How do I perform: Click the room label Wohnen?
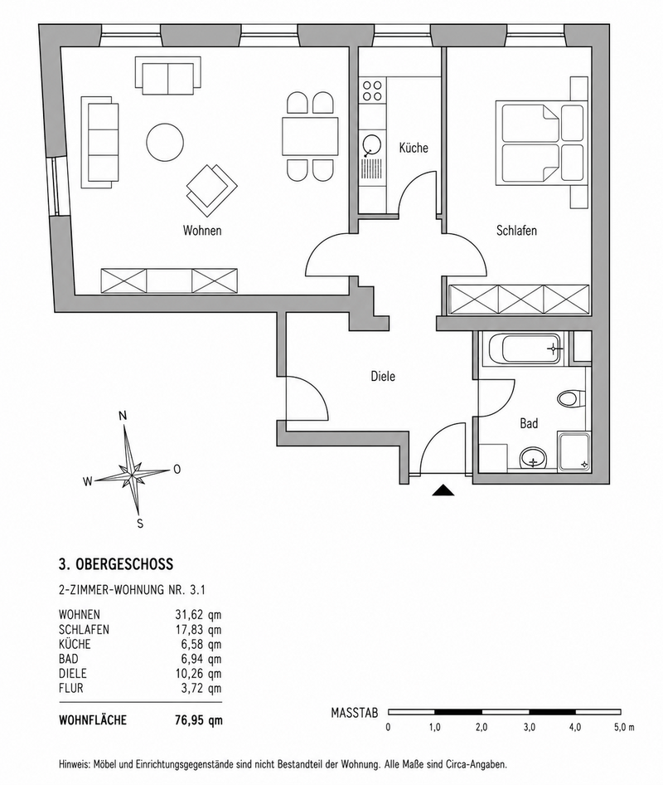[202, 231]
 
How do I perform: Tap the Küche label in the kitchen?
[414, 148]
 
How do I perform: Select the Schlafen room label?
[516, 231]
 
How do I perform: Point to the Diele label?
[383, 376]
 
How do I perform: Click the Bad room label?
[529, 423]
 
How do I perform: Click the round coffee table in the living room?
[165, 142]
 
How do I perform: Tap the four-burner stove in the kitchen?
[372, 90]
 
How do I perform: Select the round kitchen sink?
[372, 145]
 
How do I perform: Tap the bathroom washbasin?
[534, 457]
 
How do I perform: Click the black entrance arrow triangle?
[443, 490]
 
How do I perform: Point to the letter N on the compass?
[123, 416]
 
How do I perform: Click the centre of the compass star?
[131, 474]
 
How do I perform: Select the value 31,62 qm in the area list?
[198, 614]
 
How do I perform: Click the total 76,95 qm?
[199, 720]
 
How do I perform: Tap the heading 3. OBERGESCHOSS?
[116, 564]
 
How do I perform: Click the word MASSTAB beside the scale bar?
[355, 713]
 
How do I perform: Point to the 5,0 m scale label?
[624, 728]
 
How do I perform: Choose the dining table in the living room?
[310, 136]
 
